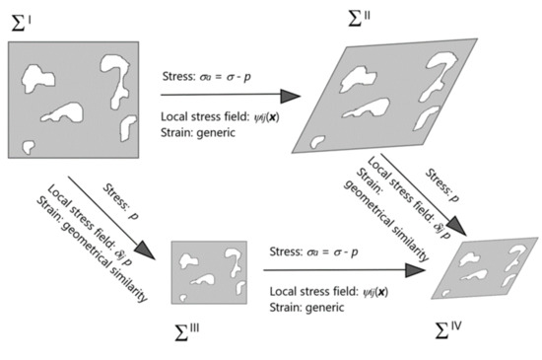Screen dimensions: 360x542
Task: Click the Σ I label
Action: click(x=22, y=19)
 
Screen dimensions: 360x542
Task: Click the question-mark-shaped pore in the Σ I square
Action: click(x=113, y=73)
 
